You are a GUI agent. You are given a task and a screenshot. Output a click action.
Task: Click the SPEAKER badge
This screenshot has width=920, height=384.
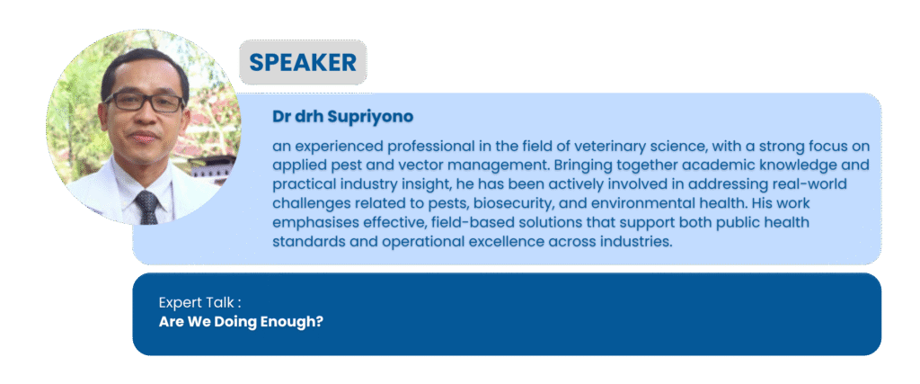303,62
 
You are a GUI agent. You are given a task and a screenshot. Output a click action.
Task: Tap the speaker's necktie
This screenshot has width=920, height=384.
146,207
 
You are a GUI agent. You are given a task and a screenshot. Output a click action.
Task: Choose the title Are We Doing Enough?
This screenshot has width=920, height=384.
241,322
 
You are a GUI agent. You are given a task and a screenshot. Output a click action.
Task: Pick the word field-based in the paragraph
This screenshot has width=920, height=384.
438,222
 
